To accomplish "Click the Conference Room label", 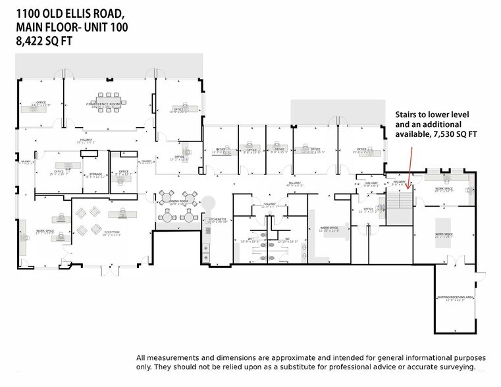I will click(105, 104).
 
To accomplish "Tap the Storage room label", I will click(96, 174).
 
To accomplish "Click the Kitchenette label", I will click(217, 220).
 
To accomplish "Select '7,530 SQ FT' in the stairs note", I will click(455, 134).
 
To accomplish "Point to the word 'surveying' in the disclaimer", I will click(455, 367).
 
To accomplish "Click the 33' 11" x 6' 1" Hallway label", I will click(87, 140).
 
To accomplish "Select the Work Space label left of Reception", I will click(45, 232).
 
